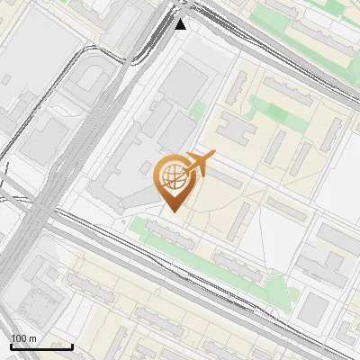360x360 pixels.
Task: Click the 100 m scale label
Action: coord(23,338)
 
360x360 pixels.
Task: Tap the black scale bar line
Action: coord(41,346)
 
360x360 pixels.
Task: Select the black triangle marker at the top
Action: coord(181,24)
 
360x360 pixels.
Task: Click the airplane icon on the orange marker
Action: coord(202,164)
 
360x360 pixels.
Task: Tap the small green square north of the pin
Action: coord(198,111)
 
